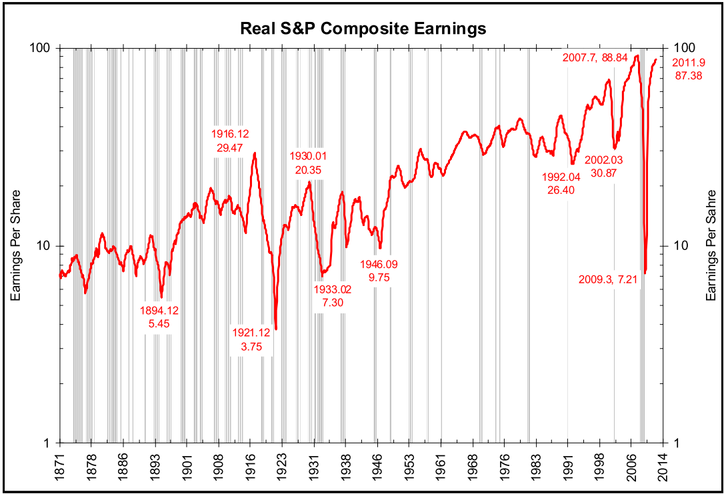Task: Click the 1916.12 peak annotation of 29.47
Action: click(x=233, y=141)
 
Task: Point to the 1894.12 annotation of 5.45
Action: click(x=159, y=317)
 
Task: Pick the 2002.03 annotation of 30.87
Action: click(x=603, y=167)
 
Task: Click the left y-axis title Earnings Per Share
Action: click(x=15, y=245)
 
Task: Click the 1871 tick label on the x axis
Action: click(x=61, y=465)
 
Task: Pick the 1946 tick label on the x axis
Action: click(x=377, y=465)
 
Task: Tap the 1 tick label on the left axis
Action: click(x=49, y=443)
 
